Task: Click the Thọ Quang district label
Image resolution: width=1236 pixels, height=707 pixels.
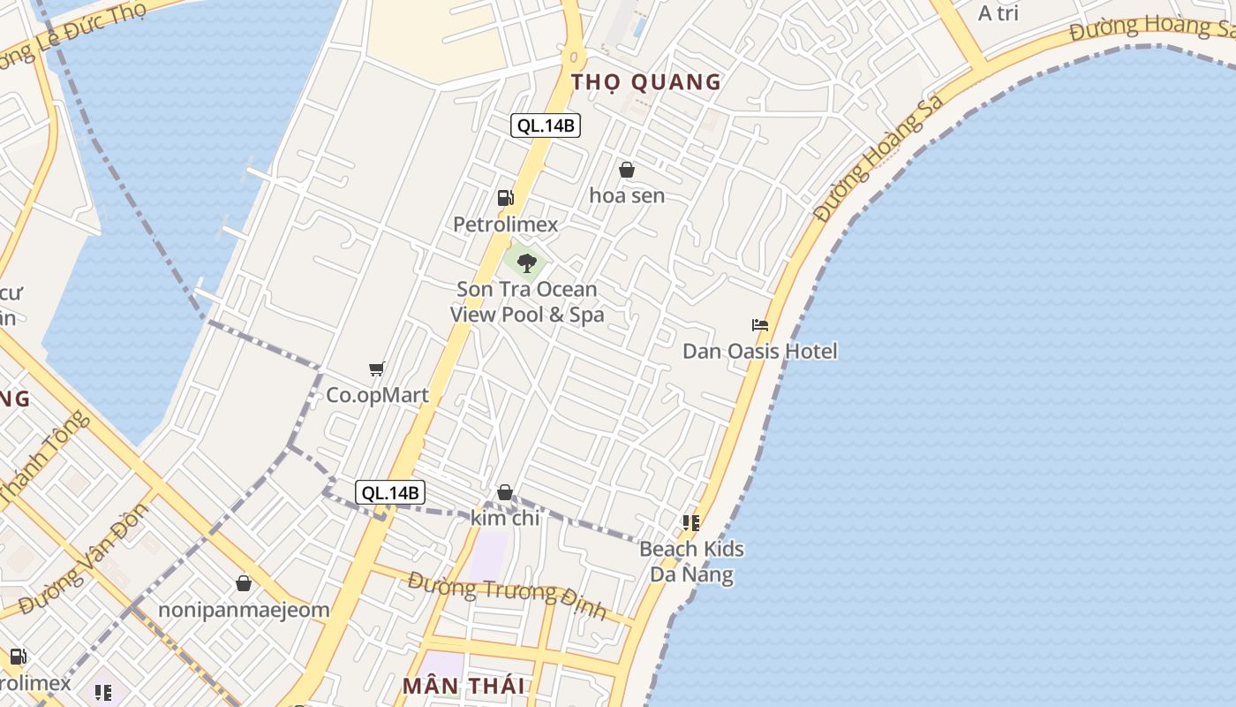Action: click(646, 82)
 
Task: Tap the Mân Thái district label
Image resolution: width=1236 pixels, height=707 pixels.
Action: click(463, 685)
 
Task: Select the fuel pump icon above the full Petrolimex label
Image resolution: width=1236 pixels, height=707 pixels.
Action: click(505, 198)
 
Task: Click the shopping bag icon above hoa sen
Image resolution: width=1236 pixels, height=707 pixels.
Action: click(627, 170)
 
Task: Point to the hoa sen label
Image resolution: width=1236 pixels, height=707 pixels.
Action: click(627, 195)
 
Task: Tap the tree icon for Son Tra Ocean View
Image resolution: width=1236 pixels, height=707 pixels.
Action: click(526, 262)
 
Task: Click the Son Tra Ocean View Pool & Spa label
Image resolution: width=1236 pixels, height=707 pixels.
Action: click(527, 301)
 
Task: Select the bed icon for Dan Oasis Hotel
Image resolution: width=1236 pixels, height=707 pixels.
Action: click(759, 325)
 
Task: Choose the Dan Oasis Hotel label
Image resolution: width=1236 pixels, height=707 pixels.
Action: click(759, 351)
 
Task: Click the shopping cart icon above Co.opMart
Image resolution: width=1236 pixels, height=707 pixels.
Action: click(377, 369)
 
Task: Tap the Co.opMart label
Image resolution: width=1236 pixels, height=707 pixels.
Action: click(377, 395)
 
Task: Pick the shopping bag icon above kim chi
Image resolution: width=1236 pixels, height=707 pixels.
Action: click(505, 492)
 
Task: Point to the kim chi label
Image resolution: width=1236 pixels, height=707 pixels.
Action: click(505, 518)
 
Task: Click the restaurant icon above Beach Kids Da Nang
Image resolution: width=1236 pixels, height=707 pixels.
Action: click(691, 523)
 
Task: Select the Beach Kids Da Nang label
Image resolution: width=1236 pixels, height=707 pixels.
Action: click(691, 561)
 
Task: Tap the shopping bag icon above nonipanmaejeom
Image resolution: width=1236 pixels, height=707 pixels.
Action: click(244, 583)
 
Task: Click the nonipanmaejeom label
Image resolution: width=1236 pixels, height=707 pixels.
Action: click(244, 610)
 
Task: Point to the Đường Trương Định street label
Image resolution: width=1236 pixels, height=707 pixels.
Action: click(507, 596)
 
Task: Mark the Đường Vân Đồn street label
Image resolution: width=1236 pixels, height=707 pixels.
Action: click(84, 559)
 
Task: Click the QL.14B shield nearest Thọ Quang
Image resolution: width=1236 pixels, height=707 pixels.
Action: click(546, 125)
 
